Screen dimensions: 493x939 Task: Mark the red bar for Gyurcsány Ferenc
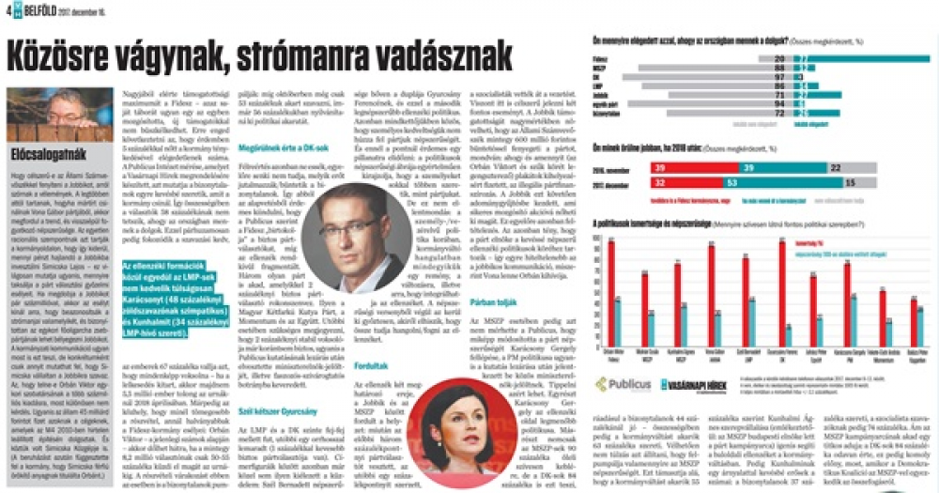click(x=781, y=281)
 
